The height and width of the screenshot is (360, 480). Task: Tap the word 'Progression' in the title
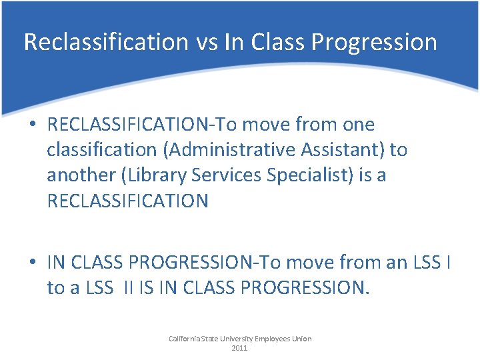tap(373, 43)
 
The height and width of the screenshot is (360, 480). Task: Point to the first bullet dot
tap(33, 125)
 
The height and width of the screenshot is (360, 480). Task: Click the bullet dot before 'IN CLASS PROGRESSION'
tap(33, 263)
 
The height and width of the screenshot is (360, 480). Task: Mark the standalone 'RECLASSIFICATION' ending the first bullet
tap(127, 201)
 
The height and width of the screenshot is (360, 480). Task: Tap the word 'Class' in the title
tap(270, 42)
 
